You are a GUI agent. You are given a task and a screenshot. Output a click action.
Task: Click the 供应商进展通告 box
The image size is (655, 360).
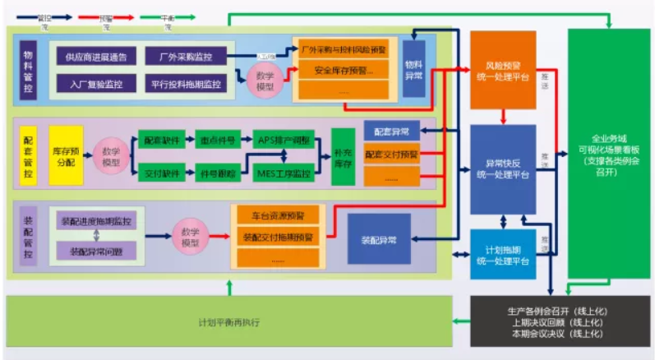pos(95,58)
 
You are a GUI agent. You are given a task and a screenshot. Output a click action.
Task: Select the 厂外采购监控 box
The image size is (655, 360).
pos(185,58)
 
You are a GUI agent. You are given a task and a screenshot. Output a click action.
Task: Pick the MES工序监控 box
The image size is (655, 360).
pos(284,173)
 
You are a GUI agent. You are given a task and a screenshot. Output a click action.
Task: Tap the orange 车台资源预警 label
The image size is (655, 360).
pos(278,216)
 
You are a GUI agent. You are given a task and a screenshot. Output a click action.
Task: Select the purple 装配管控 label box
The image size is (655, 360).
pos(28,235)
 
